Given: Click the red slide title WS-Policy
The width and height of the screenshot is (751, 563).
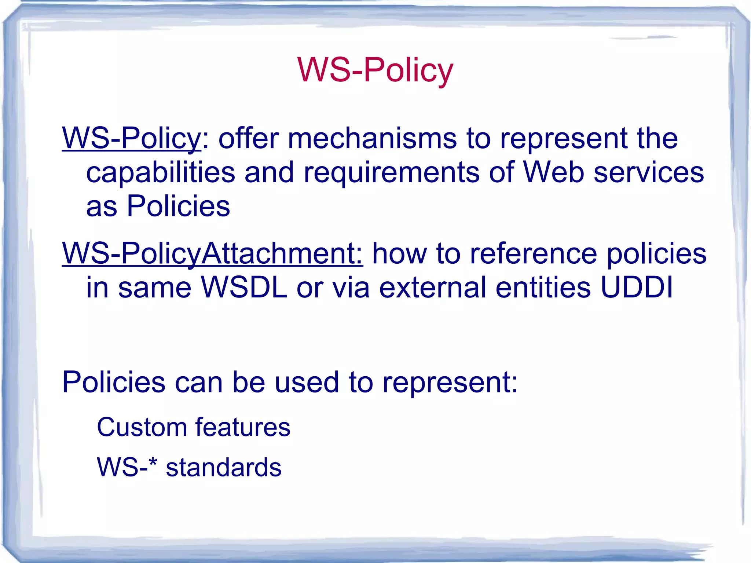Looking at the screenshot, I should (375, 70).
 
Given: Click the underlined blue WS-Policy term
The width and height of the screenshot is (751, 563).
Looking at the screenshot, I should (131, 138).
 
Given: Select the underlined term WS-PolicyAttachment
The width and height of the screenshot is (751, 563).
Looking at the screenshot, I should (212, 253).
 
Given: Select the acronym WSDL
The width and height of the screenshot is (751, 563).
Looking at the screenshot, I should (244, 287).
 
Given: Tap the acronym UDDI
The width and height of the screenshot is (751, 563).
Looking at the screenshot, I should (637, 287).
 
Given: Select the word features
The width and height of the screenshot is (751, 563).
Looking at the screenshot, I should (243, 427).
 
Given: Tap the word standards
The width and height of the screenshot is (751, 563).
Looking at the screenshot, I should (224, 468).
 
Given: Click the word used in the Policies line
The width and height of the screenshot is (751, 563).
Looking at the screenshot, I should (307, 382).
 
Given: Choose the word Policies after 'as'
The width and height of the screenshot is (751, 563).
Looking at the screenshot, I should (178, 206).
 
